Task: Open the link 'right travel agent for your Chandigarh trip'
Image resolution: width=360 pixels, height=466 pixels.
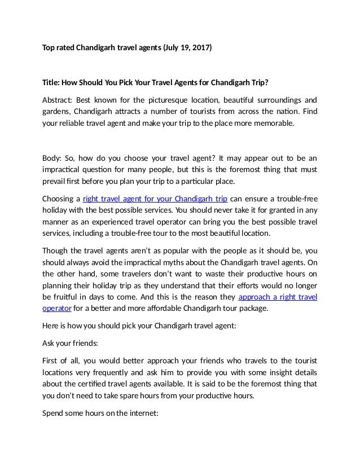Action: pyautogui.click(x=155, y=199)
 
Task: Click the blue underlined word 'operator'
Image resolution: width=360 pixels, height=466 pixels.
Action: pyautogui.click(x=57, y=309)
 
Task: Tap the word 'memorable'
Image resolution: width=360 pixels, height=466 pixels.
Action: pyautogui.click(x=273, y=125)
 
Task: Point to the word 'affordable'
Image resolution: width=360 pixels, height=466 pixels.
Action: pyautogui.click(x=181, y=309)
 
